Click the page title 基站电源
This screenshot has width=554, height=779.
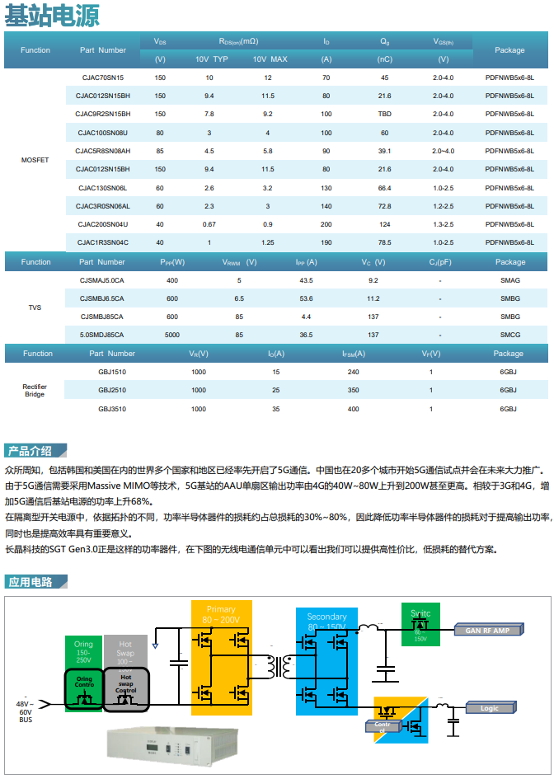click(53, 16)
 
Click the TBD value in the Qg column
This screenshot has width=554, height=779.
click(384, 114)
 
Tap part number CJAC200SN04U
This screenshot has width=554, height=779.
click(103, 224)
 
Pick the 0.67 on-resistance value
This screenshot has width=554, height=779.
click(209, 224)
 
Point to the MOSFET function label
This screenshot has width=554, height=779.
click(35, 159)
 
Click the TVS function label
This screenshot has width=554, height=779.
click(35, 307)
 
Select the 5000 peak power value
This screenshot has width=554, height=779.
click(171, 335)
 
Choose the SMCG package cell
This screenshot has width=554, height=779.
click(509, 335)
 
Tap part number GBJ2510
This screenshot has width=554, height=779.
click(112, 390)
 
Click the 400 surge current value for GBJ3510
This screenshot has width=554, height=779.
click(353, 409)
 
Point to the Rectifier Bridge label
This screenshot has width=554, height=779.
click(35, 390)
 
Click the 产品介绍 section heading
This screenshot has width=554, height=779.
click(30, 451)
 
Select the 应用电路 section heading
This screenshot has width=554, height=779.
click(30, 582)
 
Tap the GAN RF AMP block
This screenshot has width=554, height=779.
click(487, 631)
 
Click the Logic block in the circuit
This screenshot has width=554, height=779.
click(489, 707)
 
